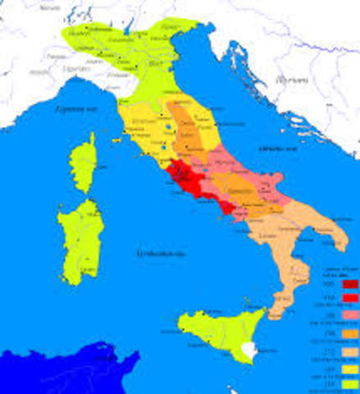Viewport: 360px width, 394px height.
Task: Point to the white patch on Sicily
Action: pyautogui.click(x=248, y=350)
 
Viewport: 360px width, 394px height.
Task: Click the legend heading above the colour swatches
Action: pyautogui.click(x=336, y=272)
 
